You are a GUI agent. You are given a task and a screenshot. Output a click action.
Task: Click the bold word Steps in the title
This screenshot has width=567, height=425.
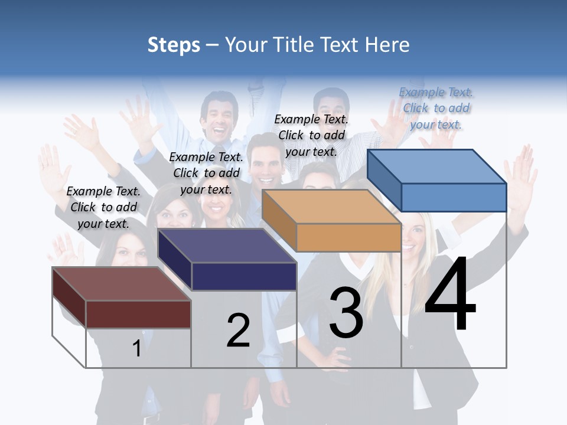pyautogui.click(x=173, y=45)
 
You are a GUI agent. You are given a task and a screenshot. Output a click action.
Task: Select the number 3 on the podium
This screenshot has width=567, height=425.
pyautogui.click(x=346, y=313)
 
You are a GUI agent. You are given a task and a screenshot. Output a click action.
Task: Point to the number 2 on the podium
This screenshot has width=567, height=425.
pyautogui.click(x=239, y=331)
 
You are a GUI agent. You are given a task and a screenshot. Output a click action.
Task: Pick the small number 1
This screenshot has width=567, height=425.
pyautogui.click(x=136, y=348)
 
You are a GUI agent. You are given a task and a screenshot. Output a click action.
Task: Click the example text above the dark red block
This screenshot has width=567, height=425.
pyautogui.click(x=103, y=207)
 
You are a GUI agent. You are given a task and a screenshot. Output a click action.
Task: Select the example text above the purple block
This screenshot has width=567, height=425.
pyautogui.click(x=206, y=173)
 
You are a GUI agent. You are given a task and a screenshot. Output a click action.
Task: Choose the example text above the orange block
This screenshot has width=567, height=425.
pyautogui.click(x=311, y=135)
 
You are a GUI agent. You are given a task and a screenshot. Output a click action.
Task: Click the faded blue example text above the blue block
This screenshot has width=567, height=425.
pyautogui.click(x=436, y=108)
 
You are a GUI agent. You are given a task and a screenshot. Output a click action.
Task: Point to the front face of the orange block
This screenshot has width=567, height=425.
pyautogui.click(x=348, y=238)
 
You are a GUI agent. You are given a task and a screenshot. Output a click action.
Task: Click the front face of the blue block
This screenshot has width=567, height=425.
pyautogui.click(x=454, y=197)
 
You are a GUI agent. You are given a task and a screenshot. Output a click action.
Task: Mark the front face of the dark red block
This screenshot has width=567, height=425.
pyautogui.click(x=138, y=314)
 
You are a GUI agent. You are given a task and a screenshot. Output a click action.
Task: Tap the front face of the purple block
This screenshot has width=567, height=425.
pyautogui.click(x=244, y=276)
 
